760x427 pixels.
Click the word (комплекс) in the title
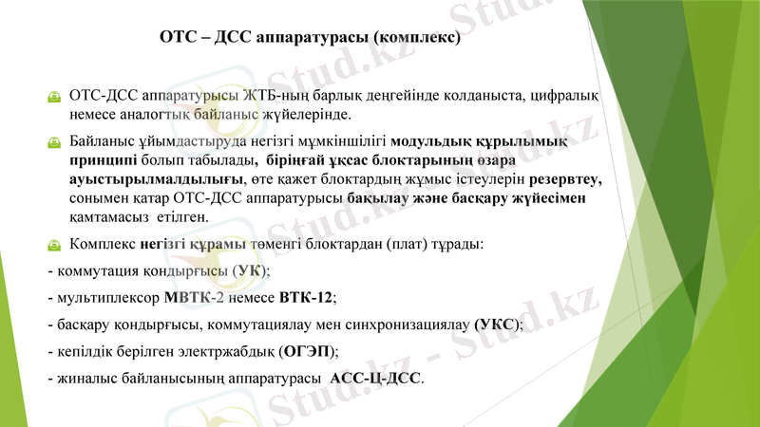pyautogui.click(x=418, y=40)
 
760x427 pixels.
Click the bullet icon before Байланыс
pyautogui.click(x=55, y=142)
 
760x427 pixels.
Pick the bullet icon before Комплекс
pyautogui.click(x=55, y=245)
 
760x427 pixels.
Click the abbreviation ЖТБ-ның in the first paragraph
pyautogui.click(x=275, y=97)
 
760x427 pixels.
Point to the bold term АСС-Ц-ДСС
pyautogui.click(x=376, y=378)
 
